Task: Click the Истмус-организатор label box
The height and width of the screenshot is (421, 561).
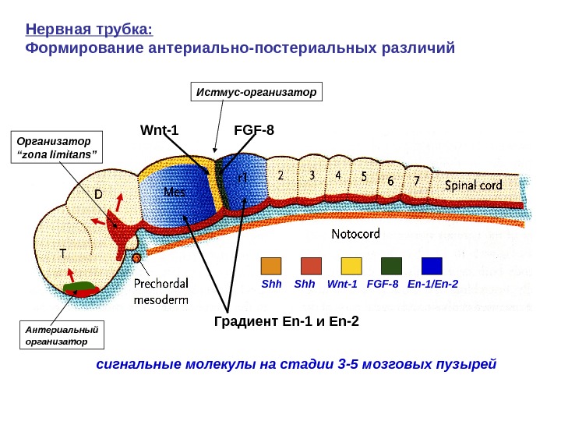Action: [256, 92]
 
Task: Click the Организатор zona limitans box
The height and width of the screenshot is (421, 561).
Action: [58, 147]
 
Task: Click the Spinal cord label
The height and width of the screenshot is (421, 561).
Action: [483, 186]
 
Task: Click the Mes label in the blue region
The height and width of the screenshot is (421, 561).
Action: [175, 191]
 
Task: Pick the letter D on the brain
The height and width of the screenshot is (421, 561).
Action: [99, 192]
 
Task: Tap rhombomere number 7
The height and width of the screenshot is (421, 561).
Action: [417, 181]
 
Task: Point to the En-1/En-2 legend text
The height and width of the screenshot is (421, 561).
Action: [432, 284]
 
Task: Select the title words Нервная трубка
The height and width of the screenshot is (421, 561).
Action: [89, 30]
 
